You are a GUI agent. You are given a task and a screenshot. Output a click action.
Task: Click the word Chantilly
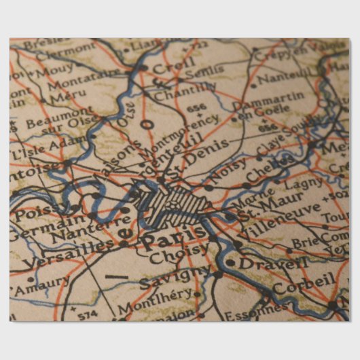point(185,92)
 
